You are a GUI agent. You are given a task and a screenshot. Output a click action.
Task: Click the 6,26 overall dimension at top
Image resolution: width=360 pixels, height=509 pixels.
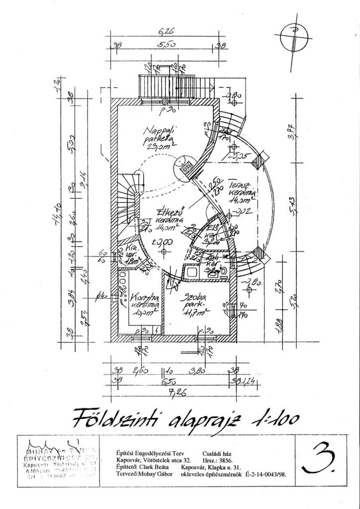165,32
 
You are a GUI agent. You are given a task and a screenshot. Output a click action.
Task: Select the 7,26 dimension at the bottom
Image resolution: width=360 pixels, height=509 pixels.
165,393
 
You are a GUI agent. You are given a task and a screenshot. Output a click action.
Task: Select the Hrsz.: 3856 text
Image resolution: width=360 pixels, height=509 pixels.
222,460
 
